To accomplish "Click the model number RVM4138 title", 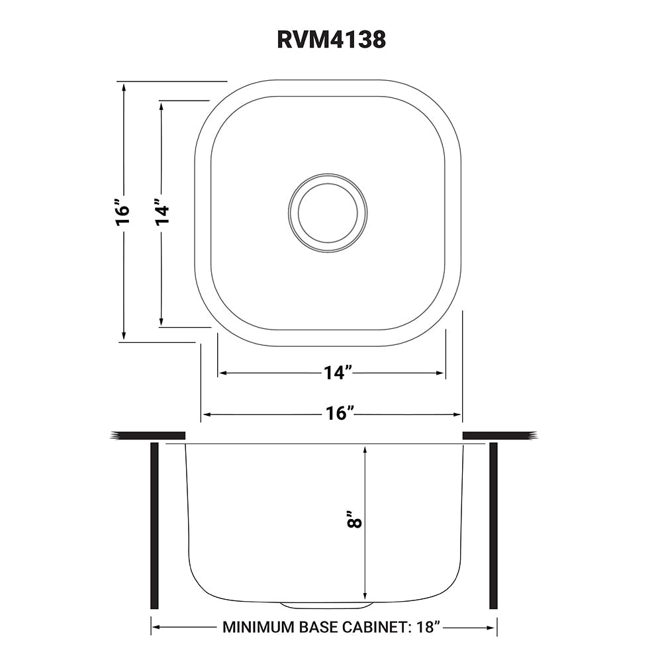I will [x=331, y=39].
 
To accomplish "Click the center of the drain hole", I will [x=328, y=213].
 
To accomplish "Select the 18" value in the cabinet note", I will [x=427, y=627].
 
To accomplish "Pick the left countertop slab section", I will [x=148, y=435].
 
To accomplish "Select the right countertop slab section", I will [x=499, y=435].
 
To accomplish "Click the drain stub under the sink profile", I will [x=324, y=605].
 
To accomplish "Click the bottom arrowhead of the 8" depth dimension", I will [x=365, y=593].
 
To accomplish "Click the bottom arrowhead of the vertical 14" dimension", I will [x=161, y=322].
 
